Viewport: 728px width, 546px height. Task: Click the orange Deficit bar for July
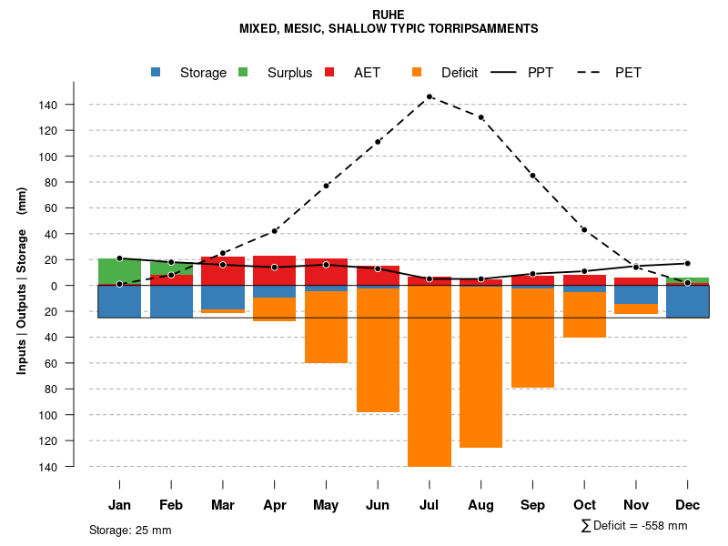pyautogui.click(x=430, y=377)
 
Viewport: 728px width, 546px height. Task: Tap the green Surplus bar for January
pyautogui.click(x=119, y=271)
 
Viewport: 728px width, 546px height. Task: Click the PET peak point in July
pyautogui.click(x=430, y=96)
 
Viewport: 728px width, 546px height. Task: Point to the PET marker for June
pyautogui.click(x=378, y=142)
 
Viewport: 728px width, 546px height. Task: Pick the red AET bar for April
pyautogui.click(x=274, y=270)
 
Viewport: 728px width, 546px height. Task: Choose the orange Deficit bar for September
pyautogui.click(x=532, y=338)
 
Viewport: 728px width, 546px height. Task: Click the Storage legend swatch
pyautogui.click(x=157, y=72)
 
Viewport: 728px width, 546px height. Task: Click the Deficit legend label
pyautogui.click(x=460, y=73)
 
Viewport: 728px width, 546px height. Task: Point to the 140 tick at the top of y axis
pyautogui.click(x=74, y=105)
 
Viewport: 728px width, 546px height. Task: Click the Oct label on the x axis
pyautogui.click(x=584, y=505)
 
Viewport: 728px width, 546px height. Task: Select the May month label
pyautogui.click(x=326, y=505)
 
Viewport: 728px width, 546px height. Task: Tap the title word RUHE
pyautogui.click(x=389, y=15)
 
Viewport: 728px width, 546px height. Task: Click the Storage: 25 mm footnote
pyautogui.click(x=130, y=530)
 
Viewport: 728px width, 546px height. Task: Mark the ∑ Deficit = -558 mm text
pyautogui.click(x=633, y=525)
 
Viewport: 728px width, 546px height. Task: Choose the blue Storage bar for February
pyautogui.click(x=171, y=302)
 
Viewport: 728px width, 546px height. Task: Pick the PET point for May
pyautogui.click(x=326, y=186)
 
